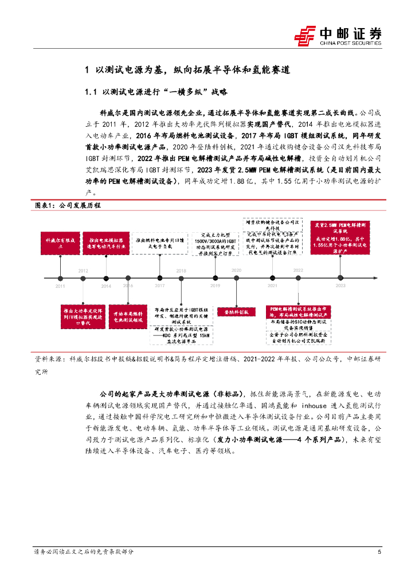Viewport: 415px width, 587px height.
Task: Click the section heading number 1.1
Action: (92, 91)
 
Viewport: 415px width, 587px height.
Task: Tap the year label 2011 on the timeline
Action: (60, 285)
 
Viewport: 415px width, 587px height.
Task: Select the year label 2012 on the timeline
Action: (84, 271)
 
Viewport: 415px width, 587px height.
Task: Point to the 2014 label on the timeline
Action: (107, 285)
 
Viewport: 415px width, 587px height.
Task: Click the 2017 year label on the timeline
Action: (160, 285)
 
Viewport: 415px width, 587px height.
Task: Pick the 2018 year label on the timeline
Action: (182, 271)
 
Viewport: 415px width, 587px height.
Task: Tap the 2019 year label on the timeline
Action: (215, 285)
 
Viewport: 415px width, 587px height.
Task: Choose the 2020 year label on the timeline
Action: (236, 270)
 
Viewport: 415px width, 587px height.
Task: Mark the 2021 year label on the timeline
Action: (272, 285)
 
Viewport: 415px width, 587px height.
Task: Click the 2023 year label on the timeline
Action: (340, 285)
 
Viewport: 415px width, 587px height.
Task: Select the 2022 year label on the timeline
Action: (298, 270)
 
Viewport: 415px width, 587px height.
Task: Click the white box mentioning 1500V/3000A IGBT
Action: (216, 243)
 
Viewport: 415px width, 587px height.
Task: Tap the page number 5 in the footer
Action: (379, 551)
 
